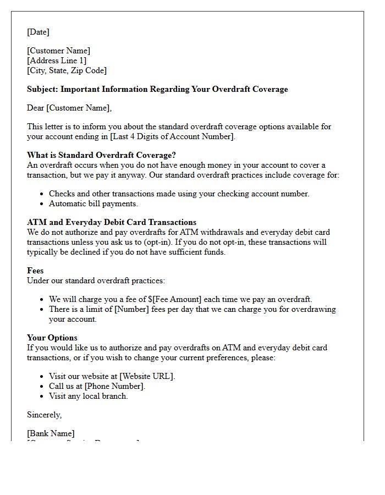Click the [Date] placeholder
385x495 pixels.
38,32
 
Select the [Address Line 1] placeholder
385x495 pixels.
57,61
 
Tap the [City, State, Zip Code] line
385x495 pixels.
67,70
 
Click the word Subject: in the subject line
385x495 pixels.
42,89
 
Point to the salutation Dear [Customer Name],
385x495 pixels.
69,108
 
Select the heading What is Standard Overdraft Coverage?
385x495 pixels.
101,155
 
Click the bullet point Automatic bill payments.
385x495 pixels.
93,204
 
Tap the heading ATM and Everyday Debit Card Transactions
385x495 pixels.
111,222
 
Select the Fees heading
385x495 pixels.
35,271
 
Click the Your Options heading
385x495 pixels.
52,338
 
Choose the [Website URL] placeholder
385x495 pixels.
147,376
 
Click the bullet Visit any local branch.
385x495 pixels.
88,396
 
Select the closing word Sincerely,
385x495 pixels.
44,415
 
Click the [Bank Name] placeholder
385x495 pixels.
51,433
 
